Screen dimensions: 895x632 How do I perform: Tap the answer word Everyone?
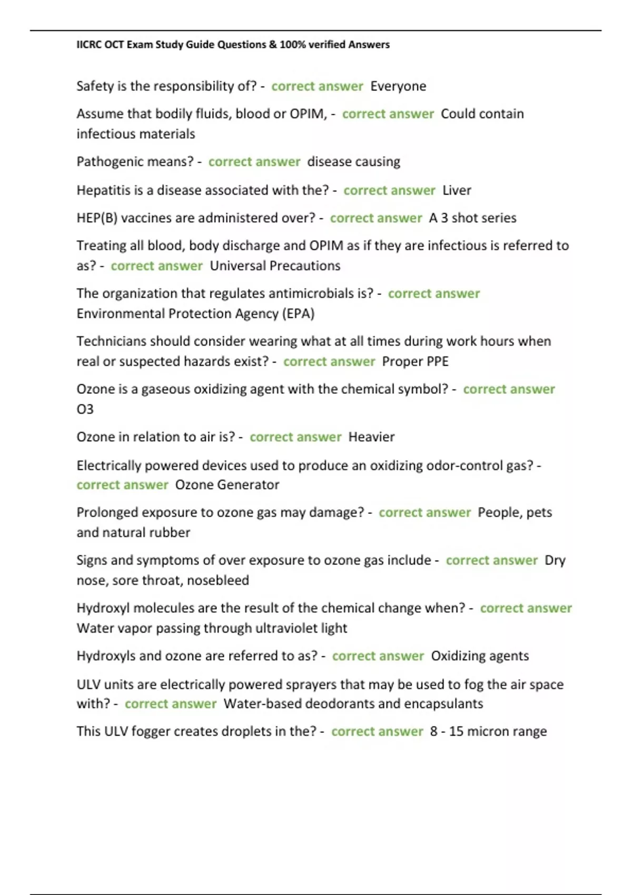(398, 86)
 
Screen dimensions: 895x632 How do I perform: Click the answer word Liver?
(457, 190)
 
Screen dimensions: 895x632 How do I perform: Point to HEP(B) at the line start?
(97, 218)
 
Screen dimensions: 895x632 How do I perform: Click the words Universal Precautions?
(275, 266)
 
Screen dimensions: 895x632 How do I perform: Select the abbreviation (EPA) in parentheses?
(299, 314)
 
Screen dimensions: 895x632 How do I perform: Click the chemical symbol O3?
(85, 409)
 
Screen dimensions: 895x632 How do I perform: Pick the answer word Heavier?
(371, 437)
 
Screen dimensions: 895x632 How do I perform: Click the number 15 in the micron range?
(456, 731)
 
